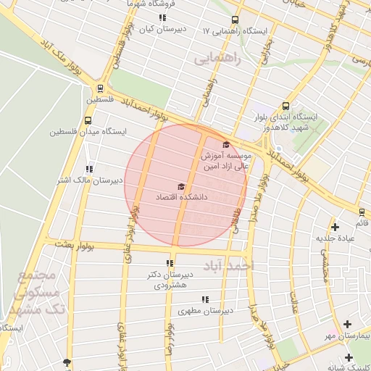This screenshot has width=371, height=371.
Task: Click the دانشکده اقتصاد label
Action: click(180, 197)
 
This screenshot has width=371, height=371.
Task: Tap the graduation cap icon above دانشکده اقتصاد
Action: click(180, 187)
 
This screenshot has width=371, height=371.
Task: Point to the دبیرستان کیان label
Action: click(162, 30)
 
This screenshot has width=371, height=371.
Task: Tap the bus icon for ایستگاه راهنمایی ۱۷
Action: click(235, 20)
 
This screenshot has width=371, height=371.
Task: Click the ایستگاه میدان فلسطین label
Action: click(88, 132)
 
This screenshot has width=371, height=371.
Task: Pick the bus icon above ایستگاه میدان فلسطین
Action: click(88, 120)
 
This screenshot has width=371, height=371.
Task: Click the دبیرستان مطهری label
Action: click(205, 310)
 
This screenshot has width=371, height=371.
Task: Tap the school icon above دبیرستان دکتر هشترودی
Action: click(170, 264)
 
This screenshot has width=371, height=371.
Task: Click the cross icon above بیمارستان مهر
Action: click(348, 324)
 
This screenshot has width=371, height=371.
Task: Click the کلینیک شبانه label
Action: click(349, 367)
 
